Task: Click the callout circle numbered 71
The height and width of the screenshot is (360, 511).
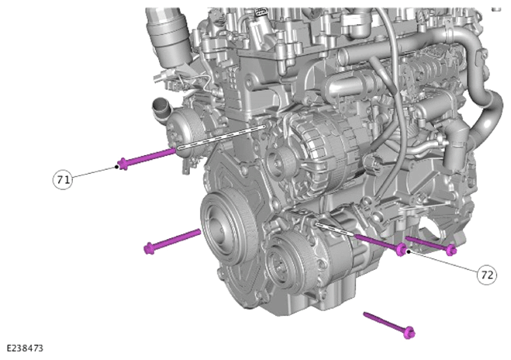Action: pos(63,179)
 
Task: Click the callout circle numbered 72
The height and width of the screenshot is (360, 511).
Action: pos(487,275)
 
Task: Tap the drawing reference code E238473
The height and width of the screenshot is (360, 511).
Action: pos(25,348)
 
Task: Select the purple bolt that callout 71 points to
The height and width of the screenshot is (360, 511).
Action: pos(147,157)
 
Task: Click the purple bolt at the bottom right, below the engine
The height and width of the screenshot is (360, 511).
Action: pos(389,325)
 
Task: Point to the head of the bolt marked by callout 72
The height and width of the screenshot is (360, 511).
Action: pos(402,250)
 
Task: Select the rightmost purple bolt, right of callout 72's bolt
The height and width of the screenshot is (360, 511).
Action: pos(431,245)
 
